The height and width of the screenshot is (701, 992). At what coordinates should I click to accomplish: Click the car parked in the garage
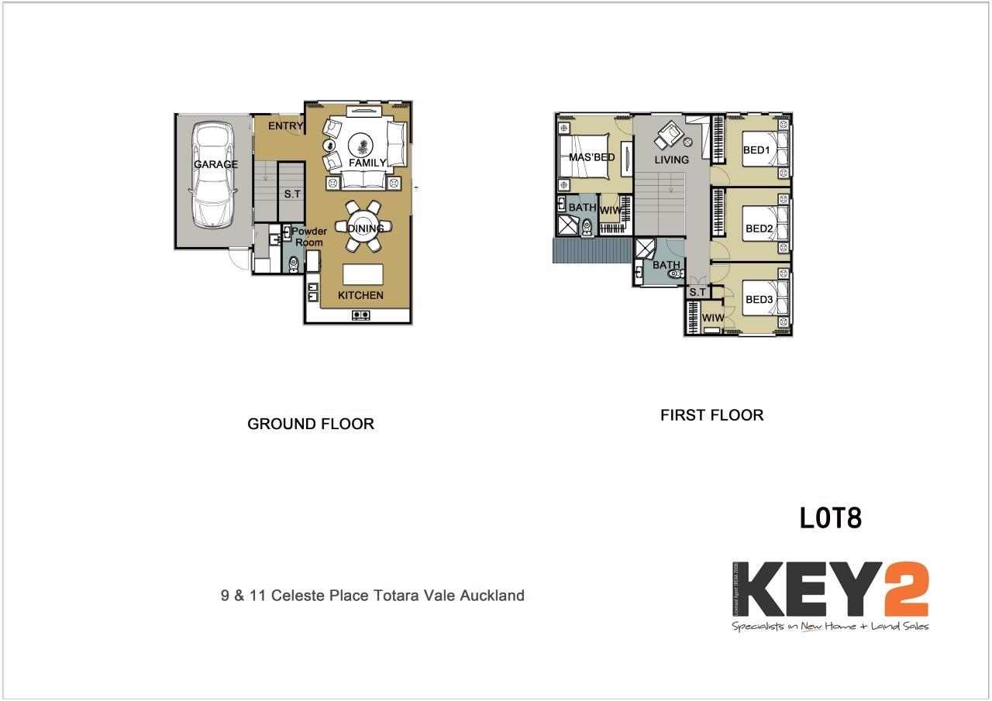pos(212,174)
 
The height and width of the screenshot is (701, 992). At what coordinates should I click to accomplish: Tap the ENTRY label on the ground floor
pos(285,126)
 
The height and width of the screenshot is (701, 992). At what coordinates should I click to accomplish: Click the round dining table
pos(363,227)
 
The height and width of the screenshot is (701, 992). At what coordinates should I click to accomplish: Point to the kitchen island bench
pos(363,274)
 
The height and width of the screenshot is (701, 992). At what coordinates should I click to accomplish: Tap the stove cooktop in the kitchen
pos(361,314)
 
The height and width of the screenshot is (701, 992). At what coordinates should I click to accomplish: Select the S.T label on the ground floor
pos(292,194)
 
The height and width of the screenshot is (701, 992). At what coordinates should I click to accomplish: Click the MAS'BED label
pos(591,157)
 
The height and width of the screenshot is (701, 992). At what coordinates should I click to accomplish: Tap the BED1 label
pos(756,150)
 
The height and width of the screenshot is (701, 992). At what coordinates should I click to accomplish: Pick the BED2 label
pos(759,229)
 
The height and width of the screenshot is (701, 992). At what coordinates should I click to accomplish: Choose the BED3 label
pos(759,300)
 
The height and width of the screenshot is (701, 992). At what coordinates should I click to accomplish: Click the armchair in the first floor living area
pos(668,136)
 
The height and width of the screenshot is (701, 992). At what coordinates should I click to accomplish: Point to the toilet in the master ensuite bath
pos(587,225)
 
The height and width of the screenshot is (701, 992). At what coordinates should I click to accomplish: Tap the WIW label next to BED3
pos(712,318)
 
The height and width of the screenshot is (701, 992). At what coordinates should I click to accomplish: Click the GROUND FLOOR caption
pos(311,424)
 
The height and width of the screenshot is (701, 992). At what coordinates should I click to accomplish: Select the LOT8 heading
pos(830,518)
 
